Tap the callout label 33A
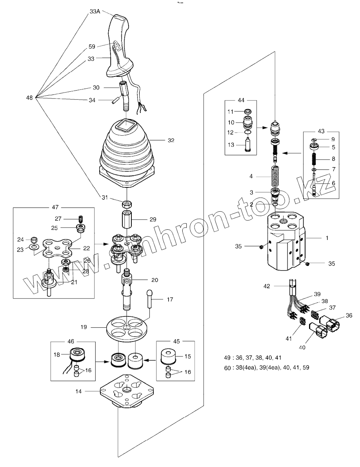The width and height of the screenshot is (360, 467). tap(95, 12)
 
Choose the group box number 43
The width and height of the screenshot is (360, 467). tap(321, 131)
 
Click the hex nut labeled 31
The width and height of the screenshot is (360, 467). tap(127, 204)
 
